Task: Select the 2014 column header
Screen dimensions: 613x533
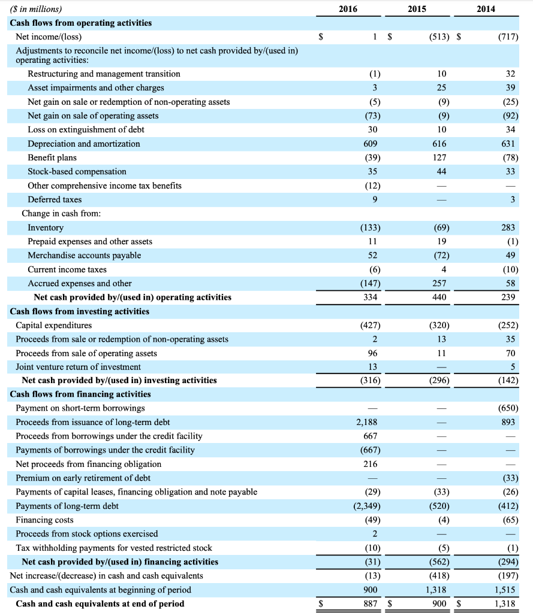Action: click(487, 9)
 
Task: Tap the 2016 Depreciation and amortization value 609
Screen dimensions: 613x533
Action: click(369, 144)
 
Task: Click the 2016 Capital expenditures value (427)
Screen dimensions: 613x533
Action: click(369, 325)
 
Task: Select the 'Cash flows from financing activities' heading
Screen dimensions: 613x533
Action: click(80, 394)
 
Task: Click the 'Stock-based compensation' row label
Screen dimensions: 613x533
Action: click(77, 172)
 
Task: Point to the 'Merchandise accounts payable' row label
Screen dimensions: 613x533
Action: click(85, 256)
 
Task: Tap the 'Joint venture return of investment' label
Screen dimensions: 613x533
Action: click(79, 366)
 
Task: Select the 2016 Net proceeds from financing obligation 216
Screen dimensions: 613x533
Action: click(369, 464)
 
